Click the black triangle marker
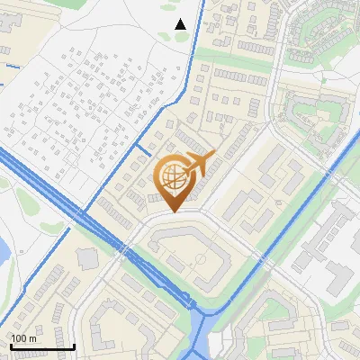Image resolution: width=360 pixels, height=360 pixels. pyautogui.click(x=180, y=24)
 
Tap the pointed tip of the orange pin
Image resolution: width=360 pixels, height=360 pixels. pyautogui.click(x=172, y=211)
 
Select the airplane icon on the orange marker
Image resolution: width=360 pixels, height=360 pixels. pyautogui.click(x=199, y=164)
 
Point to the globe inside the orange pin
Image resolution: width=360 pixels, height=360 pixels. pyautogui.click(x=172, y=178)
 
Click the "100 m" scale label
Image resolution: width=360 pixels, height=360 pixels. pyautogui.click(x=23, y=338)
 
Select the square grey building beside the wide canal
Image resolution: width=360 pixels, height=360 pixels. pyautogui.click(x=87, y=259)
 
